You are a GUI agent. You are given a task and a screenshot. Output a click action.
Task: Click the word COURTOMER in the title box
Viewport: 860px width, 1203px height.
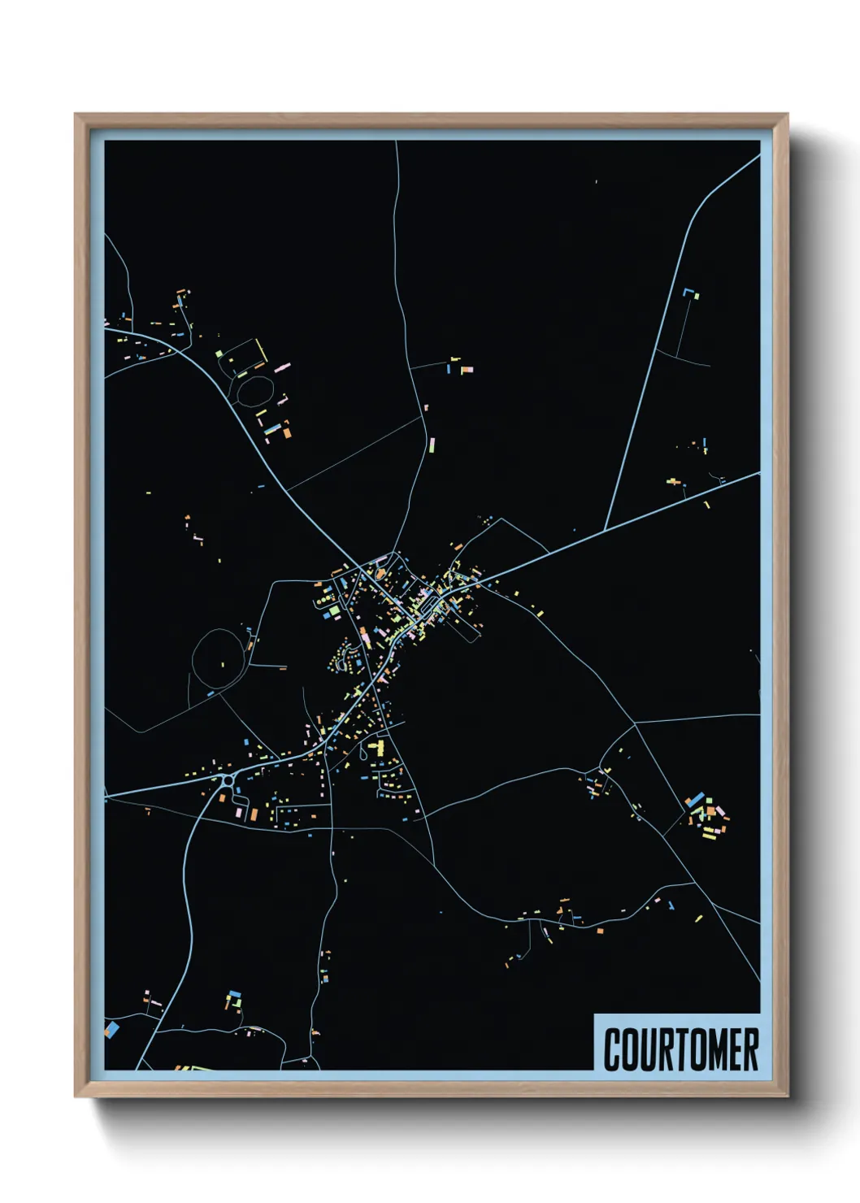point(681,1049)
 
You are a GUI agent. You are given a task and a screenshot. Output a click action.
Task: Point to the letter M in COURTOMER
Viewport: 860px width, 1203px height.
point(713,1049)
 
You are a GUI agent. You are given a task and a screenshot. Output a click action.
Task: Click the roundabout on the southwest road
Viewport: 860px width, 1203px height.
point(227,781)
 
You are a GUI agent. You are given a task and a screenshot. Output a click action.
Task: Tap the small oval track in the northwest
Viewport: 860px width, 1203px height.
point(254,390)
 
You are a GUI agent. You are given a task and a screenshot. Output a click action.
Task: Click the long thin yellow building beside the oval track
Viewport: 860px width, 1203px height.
point(262,352)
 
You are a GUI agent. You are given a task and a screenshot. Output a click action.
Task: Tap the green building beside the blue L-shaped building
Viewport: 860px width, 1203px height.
point(696,297)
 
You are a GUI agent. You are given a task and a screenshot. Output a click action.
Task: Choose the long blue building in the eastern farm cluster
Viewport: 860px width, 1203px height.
point(693,801)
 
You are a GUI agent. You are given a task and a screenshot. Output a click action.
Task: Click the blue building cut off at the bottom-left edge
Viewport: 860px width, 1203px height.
point(111,1030)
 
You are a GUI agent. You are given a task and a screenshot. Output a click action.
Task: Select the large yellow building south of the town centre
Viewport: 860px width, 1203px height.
point(376,745)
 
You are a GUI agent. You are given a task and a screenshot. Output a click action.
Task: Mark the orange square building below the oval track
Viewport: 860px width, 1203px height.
point(286,433)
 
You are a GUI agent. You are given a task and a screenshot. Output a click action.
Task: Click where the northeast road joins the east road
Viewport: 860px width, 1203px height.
point(605,530)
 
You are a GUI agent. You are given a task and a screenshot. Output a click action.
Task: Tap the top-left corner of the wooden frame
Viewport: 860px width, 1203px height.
point(76,115)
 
